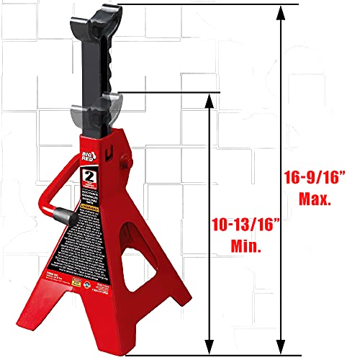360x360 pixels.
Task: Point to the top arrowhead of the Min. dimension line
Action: (209, 98)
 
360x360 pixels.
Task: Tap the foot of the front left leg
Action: (38, 339)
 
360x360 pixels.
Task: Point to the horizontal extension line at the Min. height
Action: (166, 92)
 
